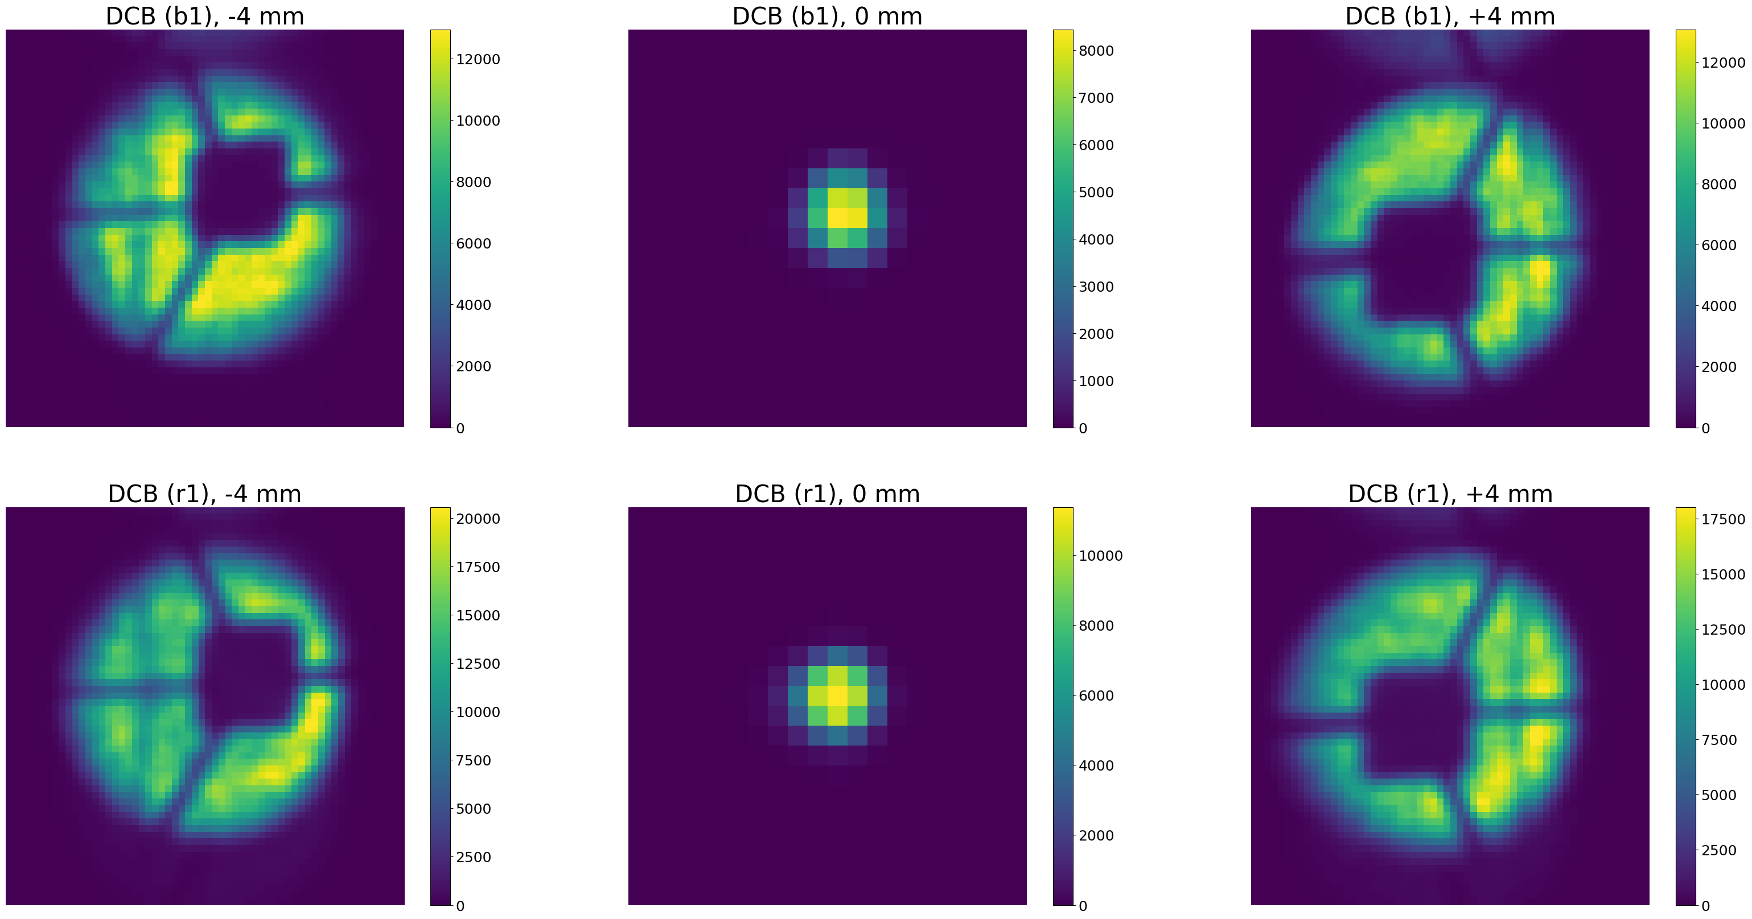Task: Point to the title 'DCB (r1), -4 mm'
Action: tap(205, 494)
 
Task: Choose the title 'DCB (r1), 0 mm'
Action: tap(827, 494)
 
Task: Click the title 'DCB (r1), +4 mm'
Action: tap(1450, 494)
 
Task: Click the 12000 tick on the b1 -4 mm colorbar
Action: tap(478, 59)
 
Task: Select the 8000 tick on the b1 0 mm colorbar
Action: tap(1096, 50)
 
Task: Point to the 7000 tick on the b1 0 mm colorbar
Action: tap(1096, 98)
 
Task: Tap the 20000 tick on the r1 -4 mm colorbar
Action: tap(478, 519)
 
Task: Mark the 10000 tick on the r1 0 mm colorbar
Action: tap(1100, 556)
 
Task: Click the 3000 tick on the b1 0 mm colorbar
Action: tap(1096, 287)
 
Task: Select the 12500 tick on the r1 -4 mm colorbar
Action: tap(478, 664)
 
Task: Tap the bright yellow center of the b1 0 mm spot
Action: tap(848, 217)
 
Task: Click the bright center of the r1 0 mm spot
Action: tap(837, 696)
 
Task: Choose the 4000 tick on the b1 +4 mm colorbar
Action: tap(1718, 306)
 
